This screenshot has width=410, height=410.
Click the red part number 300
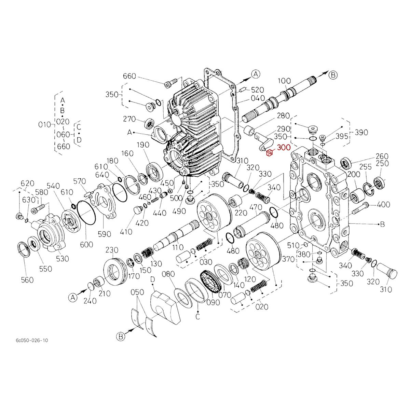coord(284,148)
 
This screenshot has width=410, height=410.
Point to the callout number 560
coord(27,280)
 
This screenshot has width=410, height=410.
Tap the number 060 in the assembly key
coord(63,135)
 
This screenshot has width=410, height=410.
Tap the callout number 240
coord(90,301)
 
